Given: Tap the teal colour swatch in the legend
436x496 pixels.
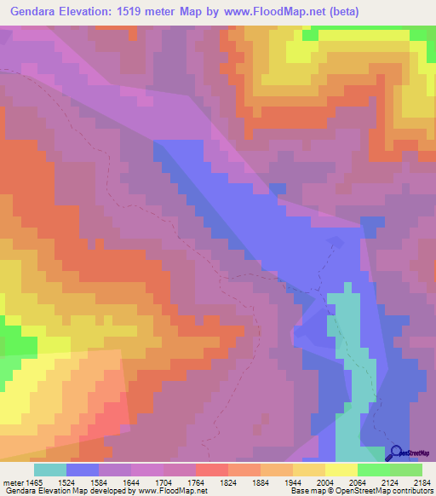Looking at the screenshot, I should (50, 470).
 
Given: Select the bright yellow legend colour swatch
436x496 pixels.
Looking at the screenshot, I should (341, 470).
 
